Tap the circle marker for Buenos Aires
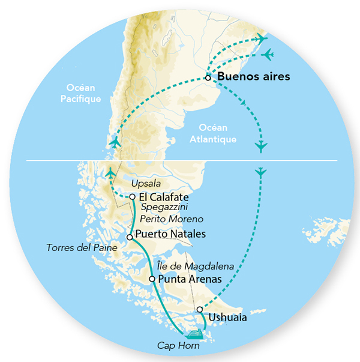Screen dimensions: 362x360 (x=208, y=77)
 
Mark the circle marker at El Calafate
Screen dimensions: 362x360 (x=132, y=196)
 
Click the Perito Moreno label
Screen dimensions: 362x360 (x=175, y=220)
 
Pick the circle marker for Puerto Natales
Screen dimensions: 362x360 (x=130, y=237)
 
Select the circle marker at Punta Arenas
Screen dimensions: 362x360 (x=152, y=279)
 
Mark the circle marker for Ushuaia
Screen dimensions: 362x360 (x=200, y=310)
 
